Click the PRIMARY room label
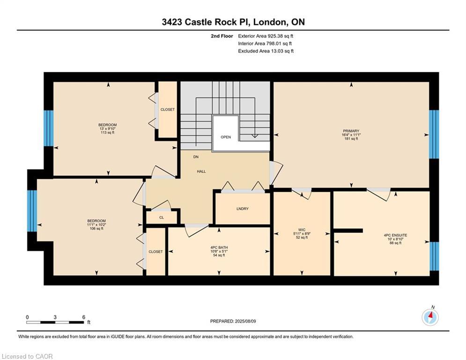(351, 131)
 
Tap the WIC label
(302, 230)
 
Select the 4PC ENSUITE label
(395, 235)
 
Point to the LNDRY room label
(243, 209)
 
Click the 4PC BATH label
(219, 247)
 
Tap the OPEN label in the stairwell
(226, 137)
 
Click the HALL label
(201, 172)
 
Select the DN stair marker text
(196, 157)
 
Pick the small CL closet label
(162, 217)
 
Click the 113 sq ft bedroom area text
(108, 133)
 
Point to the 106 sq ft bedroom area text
(96, 229)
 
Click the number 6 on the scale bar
(84, 317)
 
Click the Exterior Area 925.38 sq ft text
(266, 36)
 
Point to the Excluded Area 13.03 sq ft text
(266, 51)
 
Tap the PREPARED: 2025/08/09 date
(233, 321)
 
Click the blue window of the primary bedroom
(434, 134)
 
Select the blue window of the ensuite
(434, 256)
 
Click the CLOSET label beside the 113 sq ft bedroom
(168, 110)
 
